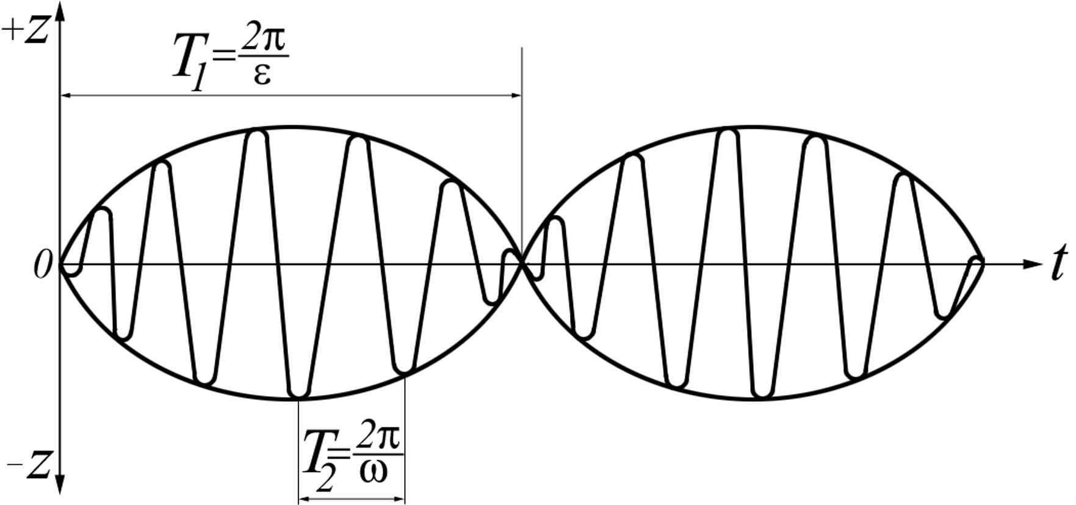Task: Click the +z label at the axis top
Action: (26, 31)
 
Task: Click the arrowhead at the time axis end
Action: (1031, 264)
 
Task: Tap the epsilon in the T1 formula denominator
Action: (262, 76)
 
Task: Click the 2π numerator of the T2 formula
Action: (378, 436)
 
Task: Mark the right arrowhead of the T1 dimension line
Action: (516, 95)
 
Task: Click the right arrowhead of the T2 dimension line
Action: (399, 500)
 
